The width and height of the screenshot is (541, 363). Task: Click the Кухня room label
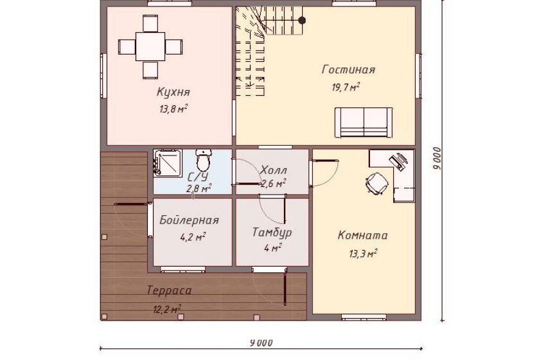coord(173,92)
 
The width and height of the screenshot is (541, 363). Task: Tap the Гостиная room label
coord(348,69)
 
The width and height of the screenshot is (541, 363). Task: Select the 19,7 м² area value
coord(346,87)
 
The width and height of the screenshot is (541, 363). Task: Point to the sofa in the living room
coord(364,123)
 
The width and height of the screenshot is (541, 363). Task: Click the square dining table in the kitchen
coord(150,47)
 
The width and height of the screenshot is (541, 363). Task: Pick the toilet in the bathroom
coord(203,160)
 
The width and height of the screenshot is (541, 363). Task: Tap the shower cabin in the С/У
coord(168,163)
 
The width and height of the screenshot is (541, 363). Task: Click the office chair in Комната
coord(377,183)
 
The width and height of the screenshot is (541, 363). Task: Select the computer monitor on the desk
coord(399,161)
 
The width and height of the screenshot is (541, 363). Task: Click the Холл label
coord(273,170)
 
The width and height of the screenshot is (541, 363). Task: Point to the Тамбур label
coord(272,232)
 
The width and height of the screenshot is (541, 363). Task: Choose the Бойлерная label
coord(189,220)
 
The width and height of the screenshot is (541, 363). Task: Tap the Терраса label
coord(169,290)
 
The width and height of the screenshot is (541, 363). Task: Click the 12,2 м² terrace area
coord(167,308)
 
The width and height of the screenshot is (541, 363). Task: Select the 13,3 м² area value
coord(363,254)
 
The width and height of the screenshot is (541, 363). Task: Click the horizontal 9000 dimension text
coord(262,342)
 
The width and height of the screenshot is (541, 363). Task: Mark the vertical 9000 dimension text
coord(437,159)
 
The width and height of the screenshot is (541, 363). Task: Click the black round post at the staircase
coord(302,21)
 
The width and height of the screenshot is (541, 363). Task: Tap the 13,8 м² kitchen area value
coord(173,109)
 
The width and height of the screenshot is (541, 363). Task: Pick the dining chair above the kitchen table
coord(150,23)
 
